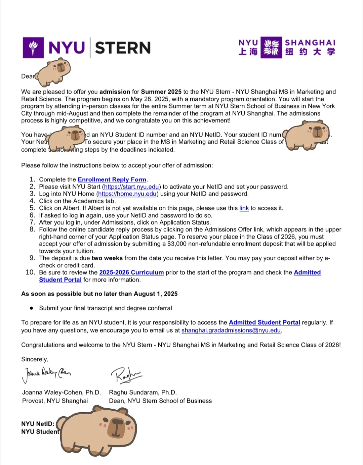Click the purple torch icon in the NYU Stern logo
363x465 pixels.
33,48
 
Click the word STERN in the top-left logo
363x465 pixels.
123,48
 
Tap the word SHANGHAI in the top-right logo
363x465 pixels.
310,43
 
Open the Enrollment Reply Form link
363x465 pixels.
112,179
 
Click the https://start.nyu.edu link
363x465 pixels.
131,187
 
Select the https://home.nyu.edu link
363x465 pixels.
127,194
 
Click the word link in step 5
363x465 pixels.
244,208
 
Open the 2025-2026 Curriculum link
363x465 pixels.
131,272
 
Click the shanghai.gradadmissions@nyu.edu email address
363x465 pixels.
231,330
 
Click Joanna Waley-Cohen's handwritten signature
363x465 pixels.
46,374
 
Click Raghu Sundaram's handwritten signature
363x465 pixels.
126,374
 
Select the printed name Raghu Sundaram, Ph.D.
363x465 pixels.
143,393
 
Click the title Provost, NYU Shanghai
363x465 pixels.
55,401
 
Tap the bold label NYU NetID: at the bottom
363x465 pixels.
38,424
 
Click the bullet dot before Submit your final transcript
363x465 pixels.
32,308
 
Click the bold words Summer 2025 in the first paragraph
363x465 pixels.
161,92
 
